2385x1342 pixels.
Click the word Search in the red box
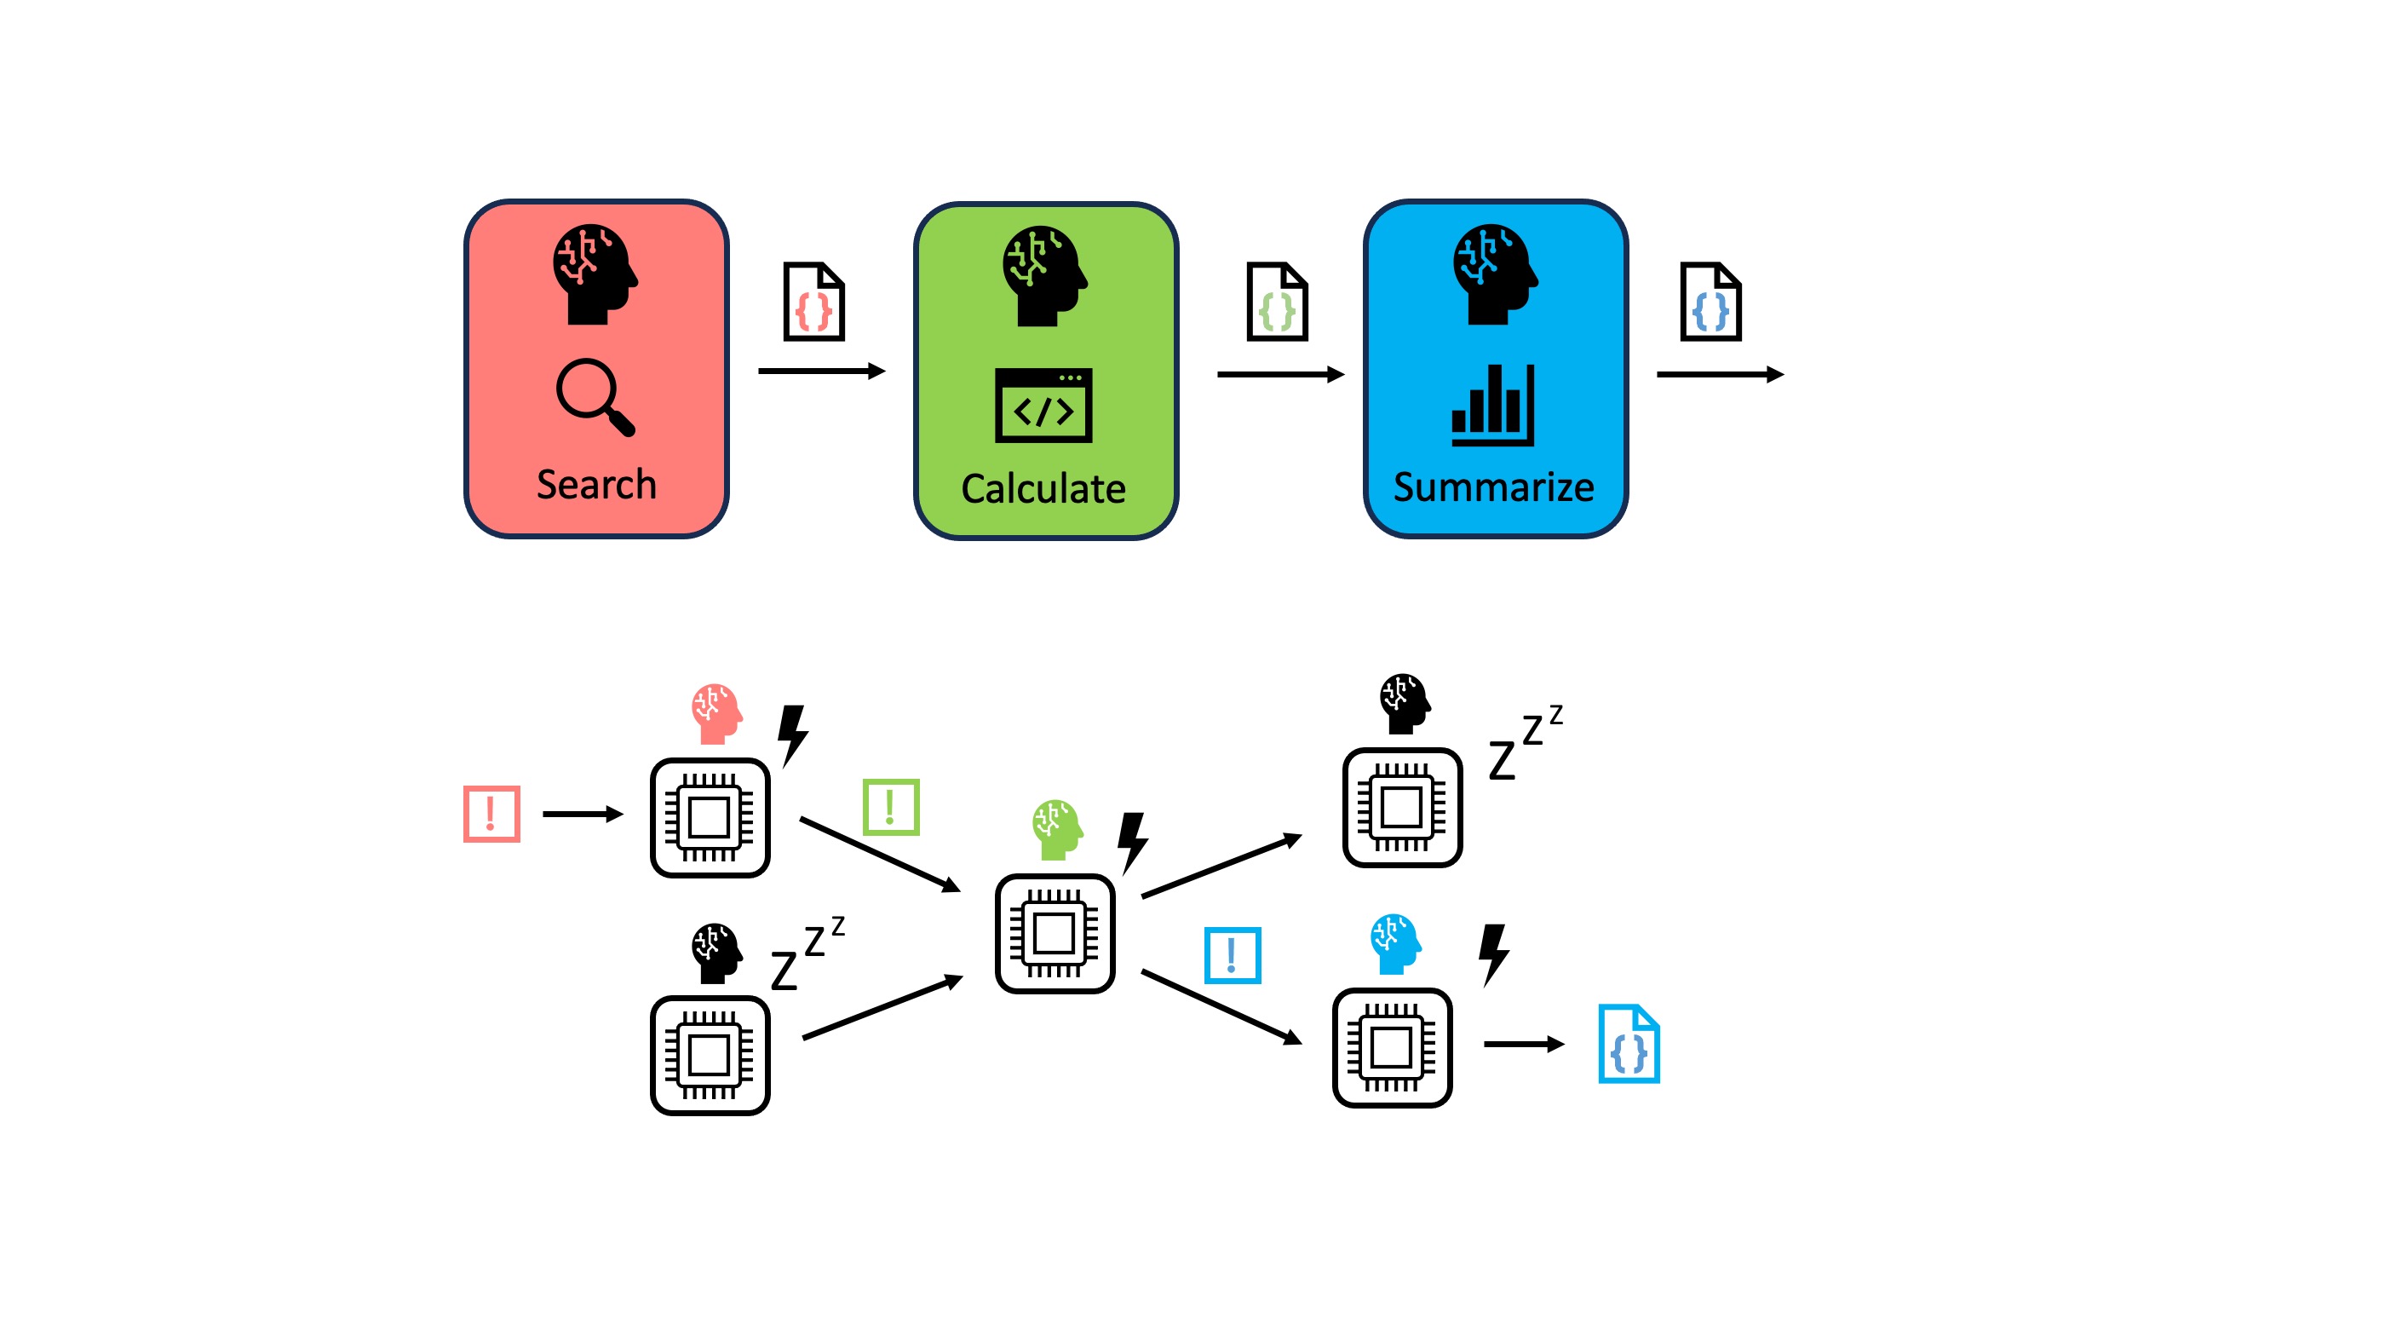pyautogui.click(x=596, y=484)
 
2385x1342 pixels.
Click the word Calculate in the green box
pyautogui.click(x=1043, y=488)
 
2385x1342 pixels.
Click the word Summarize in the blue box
pyautogui.click(x=1493, y=487)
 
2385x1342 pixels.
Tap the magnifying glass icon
pyautogui.click(x=595, y=396)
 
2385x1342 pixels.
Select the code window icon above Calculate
pyautogui.click(x=1043, y=406)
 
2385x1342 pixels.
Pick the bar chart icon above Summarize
pyautogui.click(x=1492, y=406)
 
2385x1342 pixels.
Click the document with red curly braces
pyautogui.click(x=813, y=302)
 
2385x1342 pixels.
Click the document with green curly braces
pyautogui.click(x=1277, y=302)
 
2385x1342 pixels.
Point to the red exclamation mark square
pyautogui.click(x=491, y=813)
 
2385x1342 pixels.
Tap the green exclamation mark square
pyautogui.click(x=891, y=807)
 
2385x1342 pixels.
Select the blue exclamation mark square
pyautogui.click(x=1233, y=955)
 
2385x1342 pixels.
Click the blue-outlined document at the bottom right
pyautogui.click(x=1629, y=1044)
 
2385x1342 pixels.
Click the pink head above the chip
pyautogui.click(x=715, y=713)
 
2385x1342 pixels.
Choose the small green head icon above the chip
pyautogui.click(x=1056, y=829)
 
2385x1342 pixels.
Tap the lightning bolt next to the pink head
pyautogui.click(x=792, y=734)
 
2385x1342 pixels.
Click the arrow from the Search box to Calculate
pyautogui.click(x=821, y=371)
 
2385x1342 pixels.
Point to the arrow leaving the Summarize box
pyautogui.click(x=1719, y=374)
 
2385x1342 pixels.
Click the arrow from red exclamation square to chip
pyautogui.click(x=583, y=814)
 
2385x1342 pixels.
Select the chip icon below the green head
pyautogui.click(x=1055, y=933)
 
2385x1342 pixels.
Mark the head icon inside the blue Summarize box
pyautogui.click(x=1493, y=274)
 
